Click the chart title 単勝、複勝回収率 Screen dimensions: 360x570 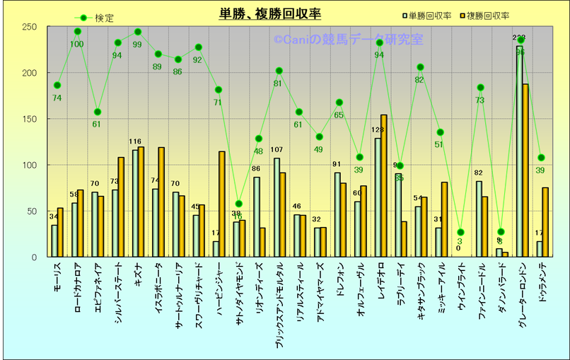(271, 14)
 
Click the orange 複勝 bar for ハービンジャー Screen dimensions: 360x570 (222, 204)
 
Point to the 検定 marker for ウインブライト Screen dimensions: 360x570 (460, 232)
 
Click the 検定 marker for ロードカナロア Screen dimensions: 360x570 (77, 31)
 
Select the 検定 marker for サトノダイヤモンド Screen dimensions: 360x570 (238, 204)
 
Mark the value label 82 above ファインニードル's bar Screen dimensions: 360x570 (478, 173)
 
